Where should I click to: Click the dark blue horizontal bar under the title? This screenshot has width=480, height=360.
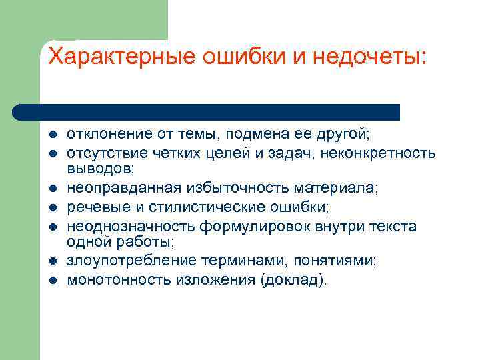click(x=207, y=111)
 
